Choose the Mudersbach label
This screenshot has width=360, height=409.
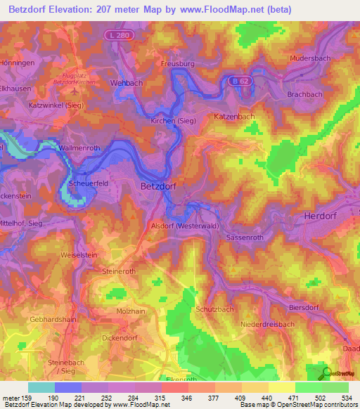[x=311, y=60]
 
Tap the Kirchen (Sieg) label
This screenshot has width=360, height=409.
[x=173, y=122]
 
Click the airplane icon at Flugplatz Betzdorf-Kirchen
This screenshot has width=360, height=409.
[x=73, y=91]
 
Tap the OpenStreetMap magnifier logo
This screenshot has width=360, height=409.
[x=325, y=373]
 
